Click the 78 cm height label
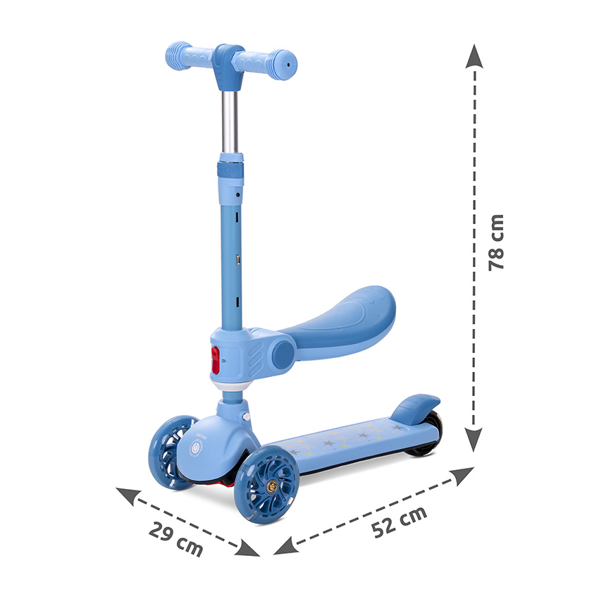click(496, 242)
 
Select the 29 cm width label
click(175, 539)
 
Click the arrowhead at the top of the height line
click(474, 56)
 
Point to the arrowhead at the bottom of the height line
click(474, 439)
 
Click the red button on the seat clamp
click(216, 360)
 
